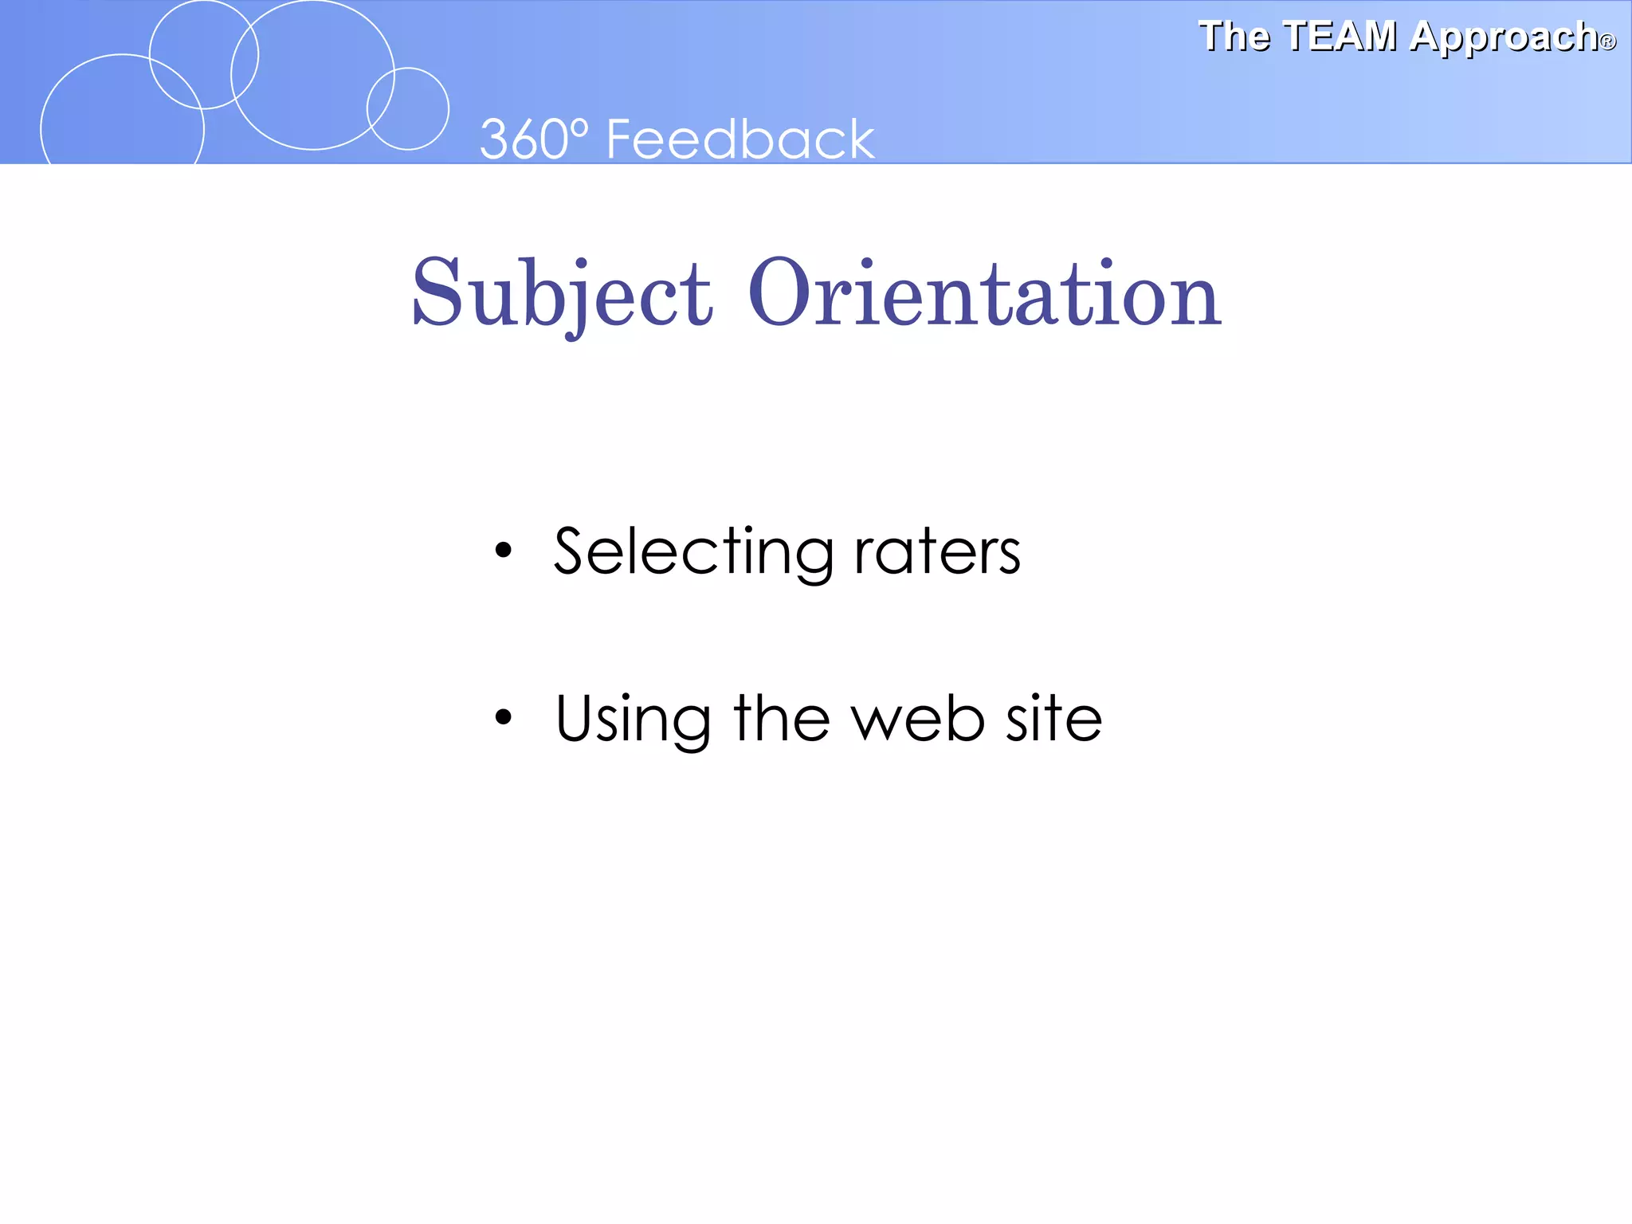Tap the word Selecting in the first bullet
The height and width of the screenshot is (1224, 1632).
(x=693, y=551)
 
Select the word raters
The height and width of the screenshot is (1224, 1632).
(x=937, y=551)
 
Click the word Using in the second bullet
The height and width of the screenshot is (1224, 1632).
(x=633, y=719)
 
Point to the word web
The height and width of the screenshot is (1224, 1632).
(x=918, y=719)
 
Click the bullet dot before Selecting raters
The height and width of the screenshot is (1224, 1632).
(x=503, y=551)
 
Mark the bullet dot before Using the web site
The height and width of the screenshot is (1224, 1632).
(x=503, y=717)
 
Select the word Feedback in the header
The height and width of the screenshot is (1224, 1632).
(x=740, y=139)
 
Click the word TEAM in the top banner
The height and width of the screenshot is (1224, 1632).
(x=1340, y=37)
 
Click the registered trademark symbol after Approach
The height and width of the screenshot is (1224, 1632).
(x=1608, y=42)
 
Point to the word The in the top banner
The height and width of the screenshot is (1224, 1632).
(x=1234, y=37)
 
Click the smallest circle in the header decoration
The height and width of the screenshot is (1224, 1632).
(x=408, y=108)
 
